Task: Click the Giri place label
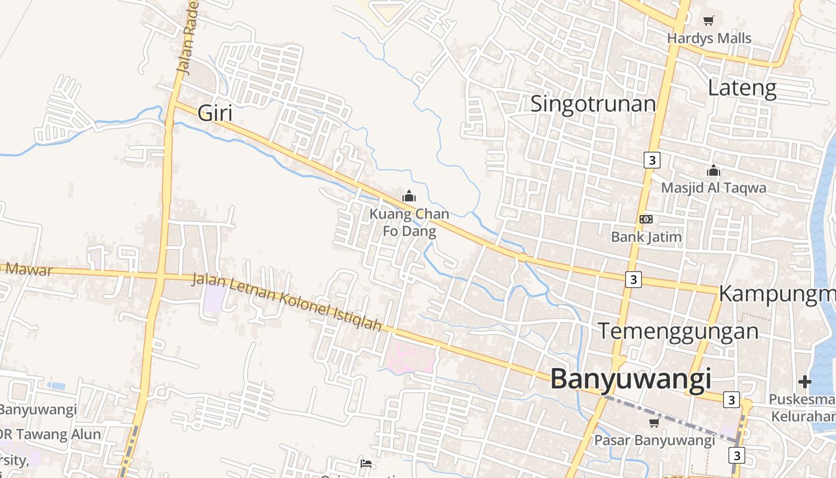coord(214,113)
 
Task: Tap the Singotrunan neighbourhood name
coord(593,103)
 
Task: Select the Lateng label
coord(742,88)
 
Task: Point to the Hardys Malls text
coord(709,38)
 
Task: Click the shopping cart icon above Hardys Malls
coord(708,21)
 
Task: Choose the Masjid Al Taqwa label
coord(713,188)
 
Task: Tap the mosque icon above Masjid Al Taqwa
coord(713,171)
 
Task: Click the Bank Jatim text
coord(646,237)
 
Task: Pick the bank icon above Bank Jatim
coord(646,219)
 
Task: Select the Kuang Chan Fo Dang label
coord(409,222)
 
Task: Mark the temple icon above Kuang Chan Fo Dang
coord(409,196)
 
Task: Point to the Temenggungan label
coord(678,330)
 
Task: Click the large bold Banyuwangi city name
coord(631,379)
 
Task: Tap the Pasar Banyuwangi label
coord(654,440)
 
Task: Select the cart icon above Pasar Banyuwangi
coord(654,423)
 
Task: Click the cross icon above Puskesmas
coord(804,381)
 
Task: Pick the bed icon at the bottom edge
coord(366,464)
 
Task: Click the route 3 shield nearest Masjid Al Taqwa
coord(651,160)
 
